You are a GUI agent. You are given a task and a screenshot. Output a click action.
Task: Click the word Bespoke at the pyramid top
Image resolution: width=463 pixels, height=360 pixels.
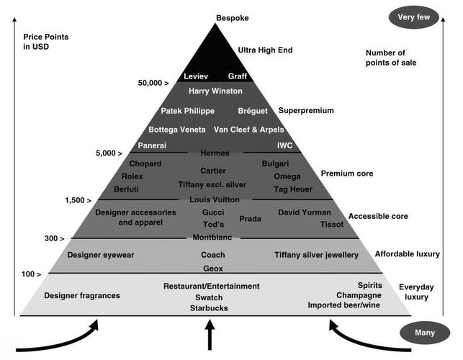[x=231, y=17]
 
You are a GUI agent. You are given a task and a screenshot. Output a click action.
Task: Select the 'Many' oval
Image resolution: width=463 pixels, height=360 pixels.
[x=425, y=333]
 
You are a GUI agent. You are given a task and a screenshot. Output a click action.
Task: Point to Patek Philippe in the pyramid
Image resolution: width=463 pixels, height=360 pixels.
[x=187, y=111]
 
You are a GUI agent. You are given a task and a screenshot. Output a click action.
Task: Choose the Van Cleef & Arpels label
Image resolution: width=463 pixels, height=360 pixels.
[x=248, y=130]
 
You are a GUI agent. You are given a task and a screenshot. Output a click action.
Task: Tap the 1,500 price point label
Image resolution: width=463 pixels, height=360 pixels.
[x=78, y=199]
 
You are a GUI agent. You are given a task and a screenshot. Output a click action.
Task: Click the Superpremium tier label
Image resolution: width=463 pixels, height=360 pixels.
[x=306, y=111]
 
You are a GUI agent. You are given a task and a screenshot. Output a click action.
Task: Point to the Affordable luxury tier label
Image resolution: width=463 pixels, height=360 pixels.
[x=407, y=254]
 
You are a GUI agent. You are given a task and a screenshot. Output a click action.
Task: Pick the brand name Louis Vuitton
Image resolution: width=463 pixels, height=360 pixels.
[x=214, y=199]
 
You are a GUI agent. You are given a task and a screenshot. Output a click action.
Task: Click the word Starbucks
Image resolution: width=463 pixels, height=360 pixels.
[x=209, y=308]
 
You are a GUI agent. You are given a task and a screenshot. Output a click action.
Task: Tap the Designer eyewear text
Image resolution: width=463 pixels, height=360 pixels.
[x=101, y=255]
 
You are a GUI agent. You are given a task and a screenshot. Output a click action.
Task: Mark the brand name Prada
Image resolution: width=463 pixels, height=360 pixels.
[x=250, y=218]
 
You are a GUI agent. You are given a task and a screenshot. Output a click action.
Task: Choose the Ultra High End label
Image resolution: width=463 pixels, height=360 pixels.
[x=265, y=50]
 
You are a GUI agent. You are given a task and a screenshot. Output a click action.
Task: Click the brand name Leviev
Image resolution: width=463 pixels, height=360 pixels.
[x=195, y=76]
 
